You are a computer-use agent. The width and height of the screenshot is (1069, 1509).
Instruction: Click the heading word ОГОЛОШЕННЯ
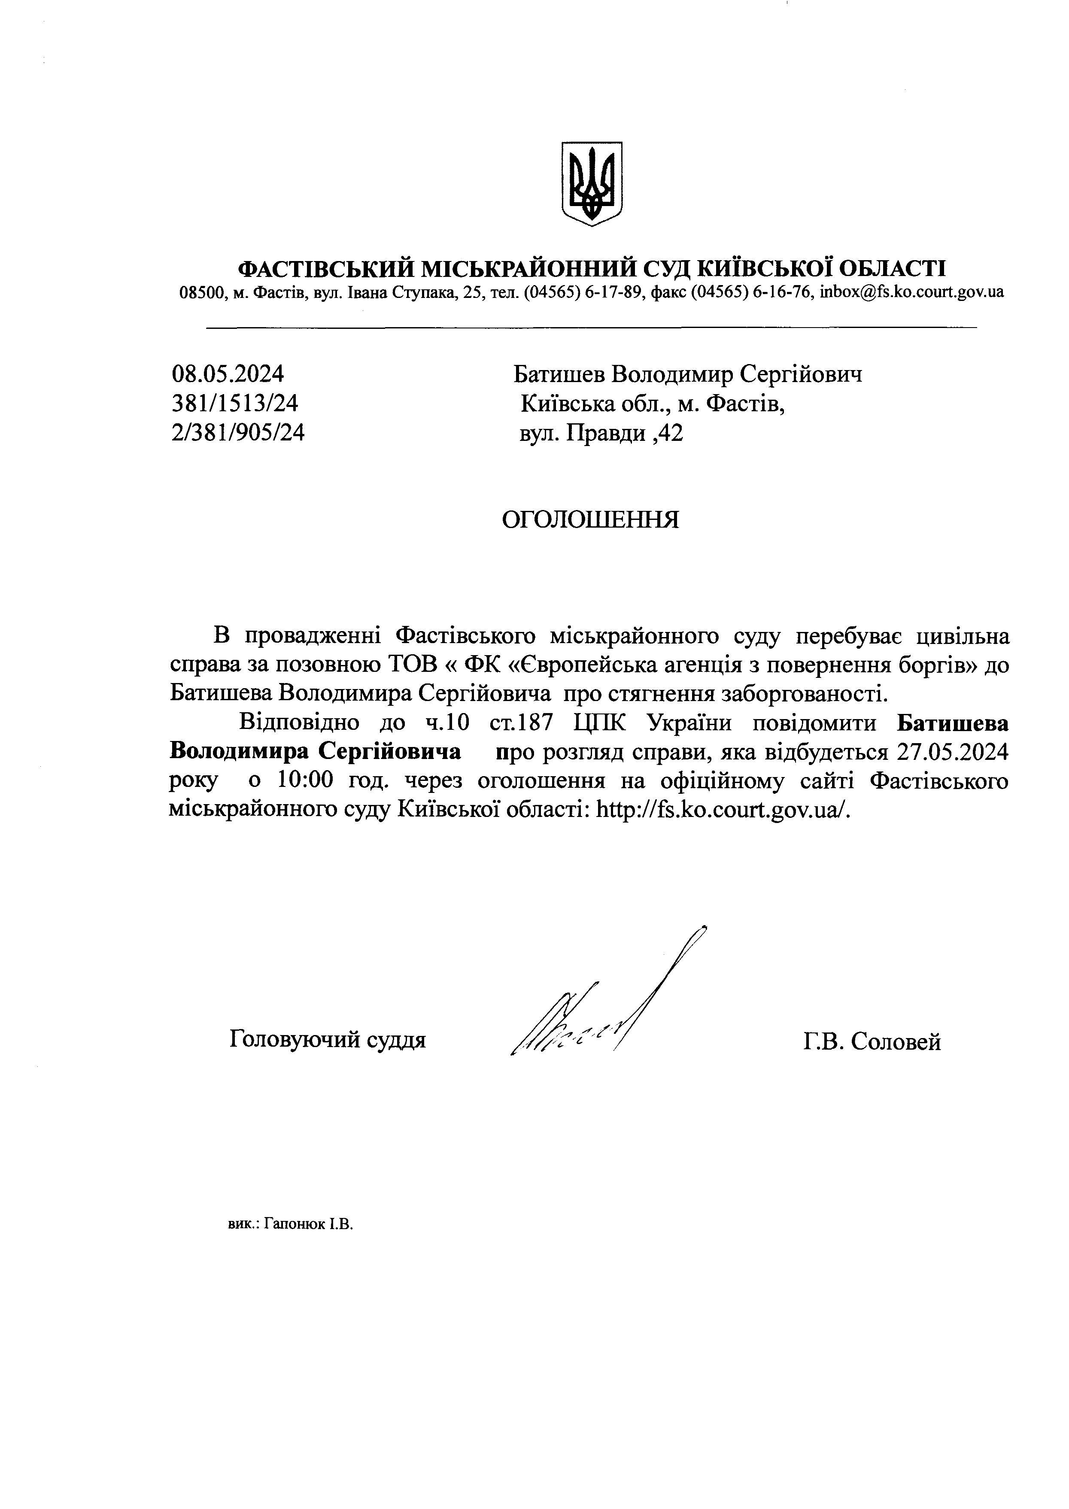(x=590, y=520)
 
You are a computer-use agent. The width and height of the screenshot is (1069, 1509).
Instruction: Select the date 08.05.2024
(x=228, y=374)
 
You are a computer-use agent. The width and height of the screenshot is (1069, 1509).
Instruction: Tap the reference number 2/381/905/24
(x=238, y=432)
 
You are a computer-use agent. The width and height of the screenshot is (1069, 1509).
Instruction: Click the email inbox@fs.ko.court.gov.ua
(x=912, y=292)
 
